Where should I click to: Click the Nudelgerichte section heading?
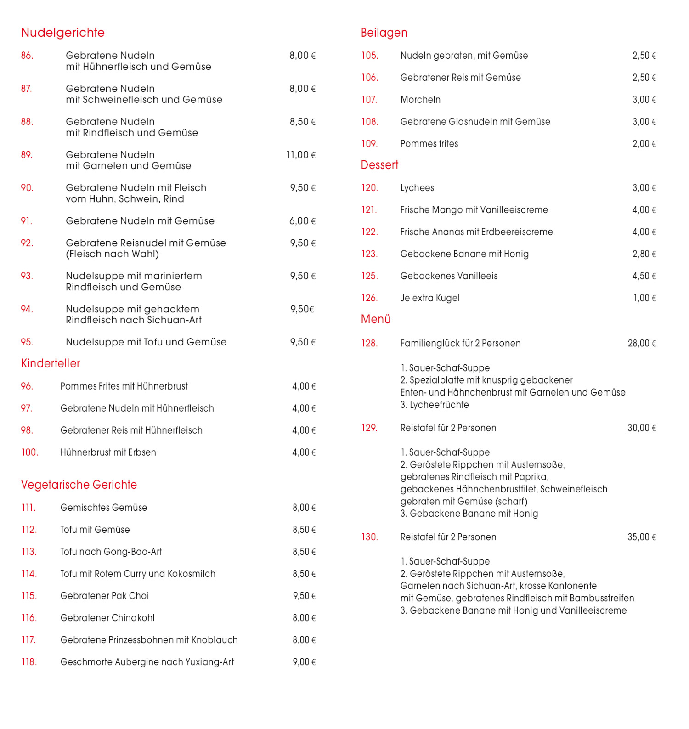coord(63,33)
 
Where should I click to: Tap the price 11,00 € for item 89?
coord(301,155)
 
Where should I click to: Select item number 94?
coord(27,309)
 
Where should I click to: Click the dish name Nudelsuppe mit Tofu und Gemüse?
coord(146,342)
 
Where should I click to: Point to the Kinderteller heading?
coord(51,363)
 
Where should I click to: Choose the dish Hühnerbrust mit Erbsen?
coord(108,452)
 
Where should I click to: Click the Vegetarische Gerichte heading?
coord(79,485)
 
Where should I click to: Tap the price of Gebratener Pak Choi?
coord(304,596)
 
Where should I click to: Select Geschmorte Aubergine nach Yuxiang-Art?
coord(147,662)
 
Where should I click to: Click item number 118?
coord(29,662)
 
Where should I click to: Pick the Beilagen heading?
coord(384,33)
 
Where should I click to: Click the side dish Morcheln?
coord(420,100)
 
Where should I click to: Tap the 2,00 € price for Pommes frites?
coord(644,144)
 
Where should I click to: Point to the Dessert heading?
coord(379,165)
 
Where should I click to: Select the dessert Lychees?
coord(417,188)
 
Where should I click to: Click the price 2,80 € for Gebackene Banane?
coord(644,254)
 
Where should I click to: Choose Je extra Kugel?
coord(430,298)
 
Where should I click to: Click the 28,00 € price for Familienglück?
coord(642,344)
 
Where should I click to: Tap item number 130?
coord(370,537)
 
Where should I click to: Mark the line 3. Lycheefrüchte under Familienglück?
coord(435,405)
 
